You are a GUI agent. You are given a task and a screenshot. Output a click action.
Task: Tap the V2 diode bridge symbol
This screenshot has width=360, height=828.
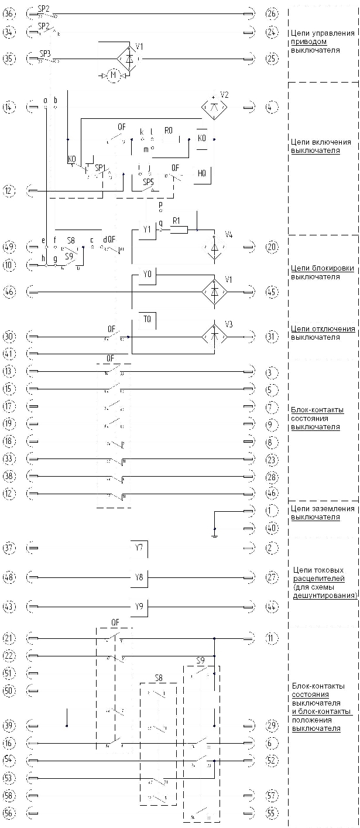point(215,107)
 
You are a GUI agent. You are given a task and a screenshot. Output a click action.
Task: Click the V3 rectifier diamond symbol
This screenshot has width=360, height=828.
point(215,337)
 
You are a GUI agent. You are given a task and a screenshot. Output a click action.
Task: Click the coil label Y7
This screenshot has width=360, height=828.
point(139,548)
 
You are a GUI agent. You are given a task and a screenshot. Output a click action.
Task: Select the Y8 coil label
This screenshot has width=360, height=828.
point(139,577)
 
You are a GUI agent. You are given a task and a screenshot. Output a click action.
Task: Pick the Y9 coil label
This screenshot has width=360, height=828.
point(139,607)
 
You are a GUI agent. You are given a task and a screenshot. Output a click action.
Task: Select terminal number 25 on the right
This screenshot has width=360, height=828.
point(271,59)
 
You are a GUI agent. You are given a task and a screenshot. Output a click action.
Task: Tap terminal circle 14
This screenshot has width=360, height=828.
point(9,107)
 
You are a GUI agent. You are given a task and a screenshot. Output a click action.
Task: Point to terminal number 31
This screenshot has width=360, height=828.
point(271,337)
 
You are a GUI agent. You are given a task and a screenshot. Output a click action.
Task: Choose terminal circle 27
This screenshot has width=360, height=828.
point(271,577)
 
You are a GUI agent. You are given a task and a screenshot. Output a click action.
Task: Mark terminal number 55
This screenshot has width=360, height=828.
point(271,814)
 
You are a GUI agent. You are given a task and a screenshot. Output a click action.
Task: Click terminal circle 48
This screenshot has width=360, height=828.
point(9,577)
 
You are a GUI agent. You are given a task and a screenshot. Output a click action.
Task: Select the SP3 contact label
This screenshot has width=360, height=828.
point(45,54)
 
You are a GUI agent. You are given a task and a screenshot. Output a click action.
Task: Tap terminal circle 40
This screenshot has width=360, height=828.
point(271,528)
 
